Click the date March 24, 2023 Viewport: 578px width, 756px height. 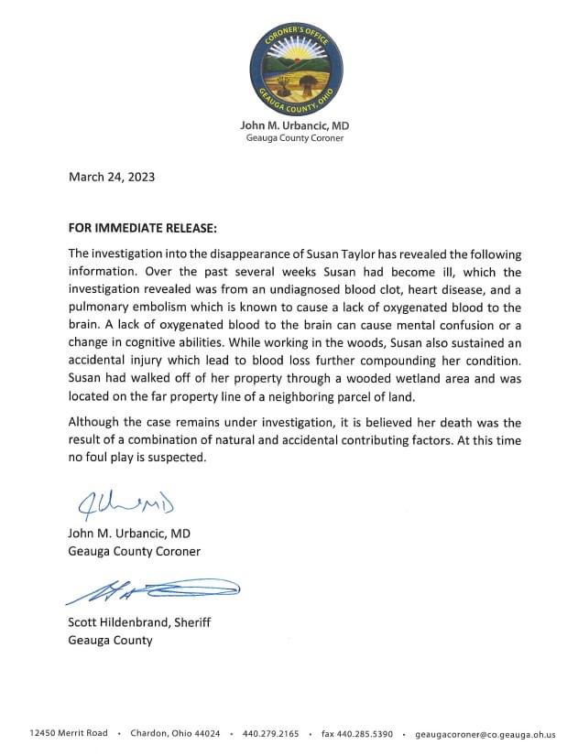[x=112, y=178]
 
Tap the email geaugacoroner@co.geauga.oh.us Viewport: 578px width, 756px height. [x=485, y=733]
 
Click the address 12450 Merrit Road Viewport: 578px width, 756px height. [x=69, y=733]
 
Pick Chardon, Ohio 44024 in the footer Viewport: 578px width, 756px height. [x=176, y=733]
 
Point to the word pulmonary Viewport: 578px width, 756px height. [x=101, y=307]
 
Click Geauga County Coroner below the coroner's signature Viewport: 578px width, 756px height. [x=135, y=551]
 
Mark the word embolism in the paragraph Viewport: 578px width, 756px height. [x=170, y=307]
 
